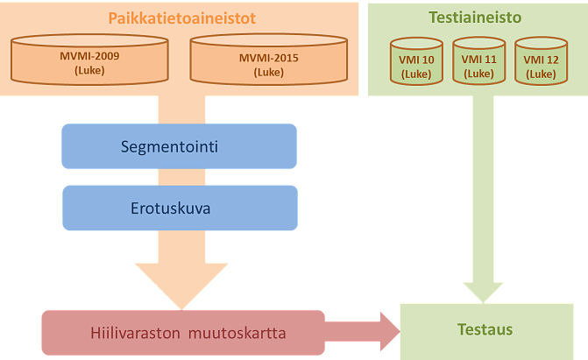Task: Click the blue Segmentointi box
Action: point(179,145)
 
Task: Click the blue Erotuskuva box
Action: point(179,208)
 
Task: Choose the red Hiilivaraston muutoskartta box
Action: point(182,333)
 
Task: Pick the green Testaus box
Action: point(485,330)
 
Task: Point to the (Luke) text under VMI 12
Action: point(540,74)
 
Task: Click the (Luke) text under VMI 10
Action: point(415,74)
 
